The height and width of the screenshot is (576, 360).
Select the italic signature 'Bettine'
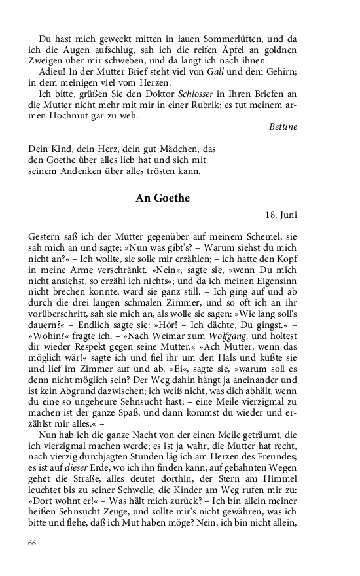(x=283, y=126)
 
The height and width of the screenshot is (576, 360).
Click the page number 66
(x=33, y=543)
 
